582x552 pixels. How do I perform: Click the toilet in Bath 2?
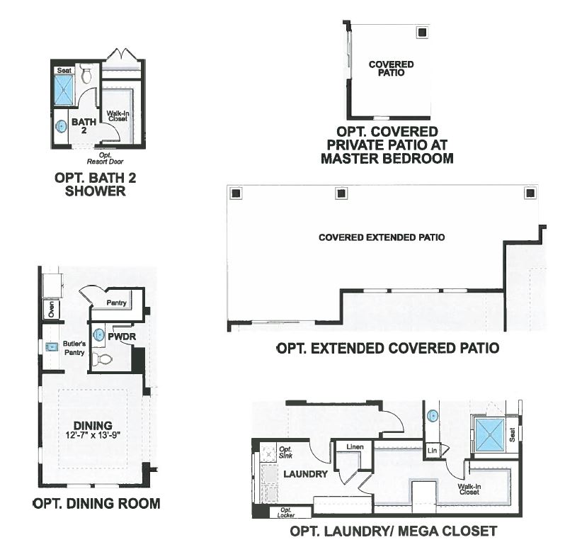[86, 73]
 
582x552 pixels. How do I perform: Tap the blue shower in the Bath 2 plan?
[64, 90]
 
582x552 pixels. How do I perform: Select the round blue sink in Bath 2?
[62, 127]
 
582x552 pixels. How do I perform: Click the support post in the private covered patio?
[421, 32]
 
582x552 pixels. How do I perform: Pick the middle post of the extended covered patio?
[341, 193]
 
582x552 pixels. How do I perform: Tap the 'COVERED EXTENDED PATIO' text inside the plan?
[382, 237]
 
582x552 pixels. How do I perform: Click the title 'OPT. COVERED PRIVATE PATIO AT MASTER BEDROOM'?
[387, 145]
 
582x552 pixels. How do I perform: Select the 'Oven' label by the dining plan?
[50, 310]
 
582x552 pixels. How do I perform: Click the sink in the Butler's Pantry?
[51, 347]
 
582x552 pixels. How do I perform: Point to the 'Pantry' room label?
[116, 303]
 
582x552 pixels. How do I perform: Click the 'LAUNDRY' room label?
[305, 473]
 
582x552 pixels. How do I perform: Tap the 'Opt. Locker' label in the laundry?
[285, 512]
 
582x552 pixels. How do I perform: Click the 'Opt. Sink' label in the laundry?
[285, 452]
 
